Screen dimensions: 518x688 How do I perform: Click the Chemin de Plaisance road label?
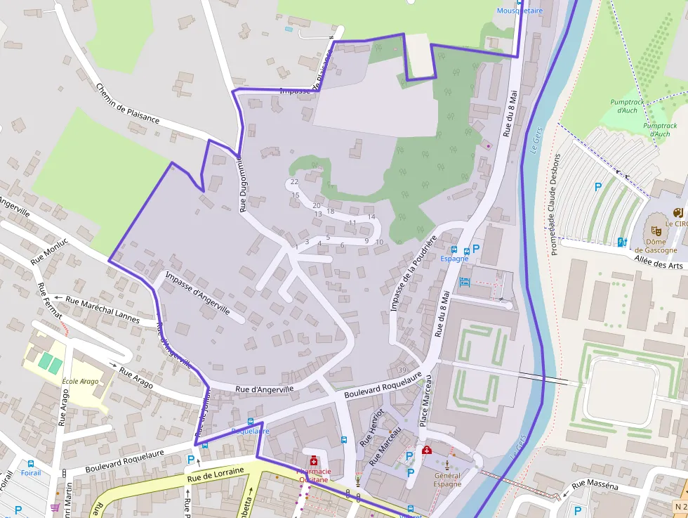coord(127,104)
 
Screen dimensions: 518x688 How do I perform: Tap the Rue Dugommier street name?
coord(243,184)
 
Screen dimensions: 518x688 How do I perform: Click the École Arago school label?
coord(80,382)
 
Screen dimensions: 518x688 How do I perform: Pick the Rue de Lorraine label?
coord(215,474)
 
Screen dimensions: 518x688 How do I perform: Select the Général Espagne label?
coord(447,480)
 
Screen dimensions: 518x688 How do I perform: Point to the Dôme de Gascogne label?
coord(656,245)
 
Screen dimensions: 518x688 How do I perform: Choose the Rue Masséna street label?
coord(595,484)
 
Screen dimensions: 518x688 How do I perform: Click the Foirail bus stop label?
coord(31,473)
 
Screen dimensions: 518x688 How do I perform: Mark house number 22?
coord(294,182)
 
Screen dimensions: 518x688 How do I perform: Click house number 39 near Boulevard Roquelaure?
coord(402,370)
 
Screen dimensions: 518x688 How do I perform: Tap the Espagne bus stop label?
coord(454,259)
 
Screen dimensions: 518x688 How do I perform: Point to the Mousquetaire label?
coord(520,11)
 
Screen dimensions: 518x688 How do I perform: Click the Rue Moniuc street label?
coord(49,251)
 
